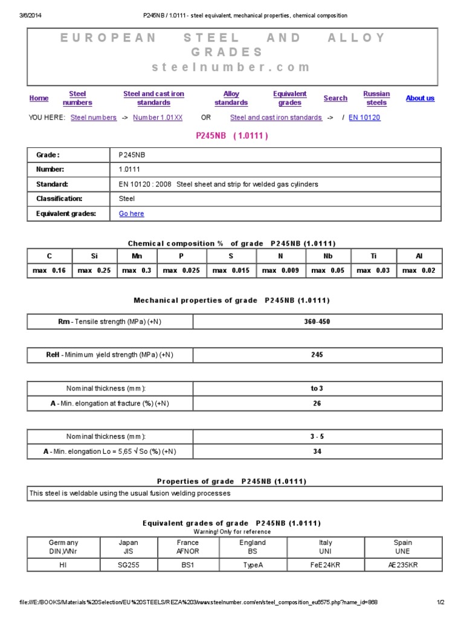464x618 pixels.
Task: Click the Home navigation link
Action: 39,98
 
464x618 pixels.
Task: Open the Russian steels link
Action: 376,98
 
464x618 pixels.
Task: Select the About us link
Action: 420,98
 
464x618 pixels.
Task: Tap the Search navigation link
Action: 335,98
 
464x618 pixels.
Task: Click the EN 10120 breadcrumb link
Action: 364,118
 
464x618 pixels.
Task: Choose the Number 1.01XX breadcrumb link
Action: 158,118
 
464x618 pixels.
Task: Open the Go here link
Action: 132,214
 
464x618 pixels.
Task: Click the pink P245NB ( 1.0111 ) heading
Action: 232,136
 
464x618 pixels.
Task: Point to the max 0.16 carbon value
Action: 50,271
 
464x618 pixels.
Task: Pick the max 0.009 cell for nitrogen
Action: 280,271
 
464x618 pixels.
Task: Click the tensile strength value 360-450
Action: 317,322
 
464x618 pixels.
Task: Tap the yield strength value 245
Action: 317,355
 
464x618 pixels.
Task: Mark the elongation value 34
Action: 317,451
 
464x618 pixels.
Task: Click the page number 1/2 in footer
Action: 440,602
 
